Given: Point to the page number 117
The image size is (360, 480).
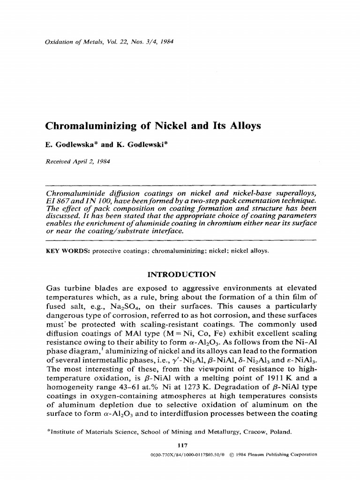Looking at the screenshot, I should click(x=180, y=445).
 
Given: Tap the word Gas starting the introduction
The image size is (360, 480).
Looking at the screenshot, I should click(x=52, y=287).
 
